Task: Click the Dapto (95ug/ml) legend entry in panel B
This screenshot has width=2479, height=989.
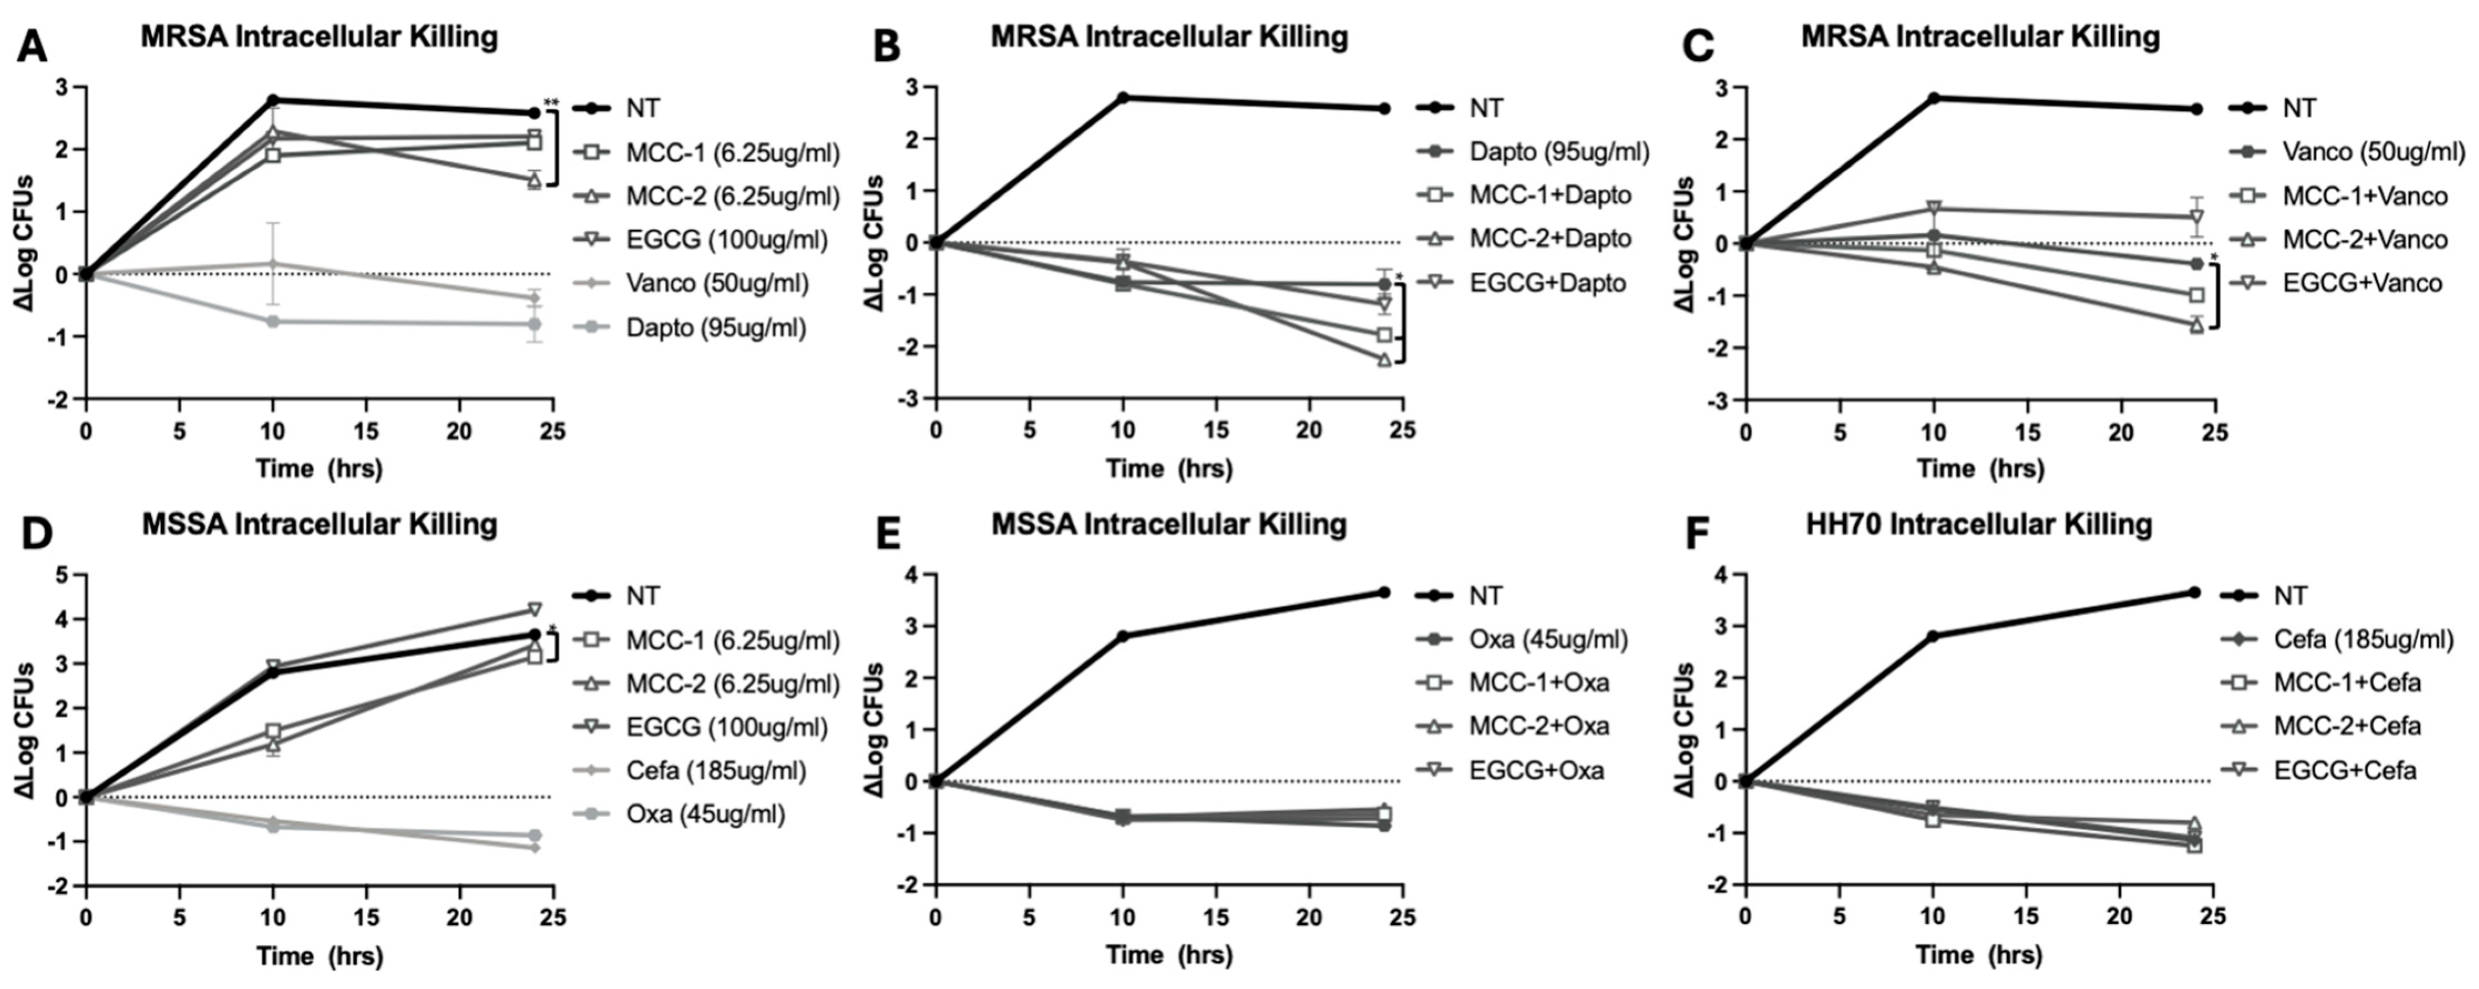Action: click(x=1559, y=151)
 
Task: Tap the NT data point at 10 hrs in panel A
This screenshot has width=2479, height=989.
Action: click(x=273, y=100)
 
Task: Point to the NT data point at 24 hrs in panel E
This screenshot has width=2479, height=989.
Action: click(x=1384, y=593)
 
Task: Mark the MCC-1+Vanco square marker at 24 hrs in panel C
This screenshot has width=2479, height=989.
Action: click(x=2196, y=295)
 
